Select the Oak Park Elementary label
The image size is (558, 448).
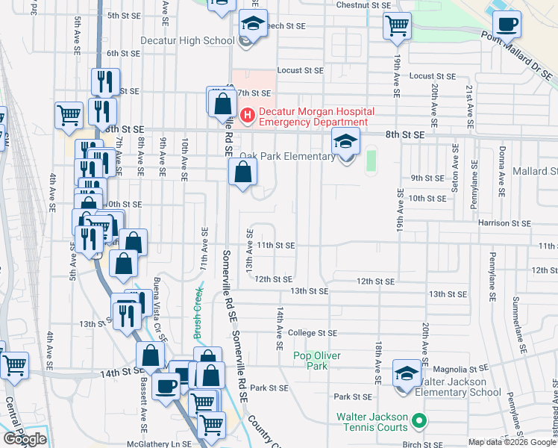click(287, 157)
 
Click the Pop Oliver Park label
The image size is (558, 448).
click(321, 361)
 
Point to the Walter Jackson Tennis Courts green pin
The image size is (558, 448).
click(418, 422)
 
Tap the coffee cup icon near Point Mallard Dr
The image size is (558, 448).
click(507, 23)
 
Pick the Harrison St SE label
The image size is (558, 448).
click(505, 223)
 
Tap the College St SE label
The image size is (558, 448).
click(313, 333)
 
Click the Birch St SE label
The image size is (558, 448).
click(423, 443)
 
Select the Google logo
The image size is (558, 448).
click(25, 439)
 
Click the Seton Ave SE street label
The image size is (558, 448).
click(454, 170)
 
